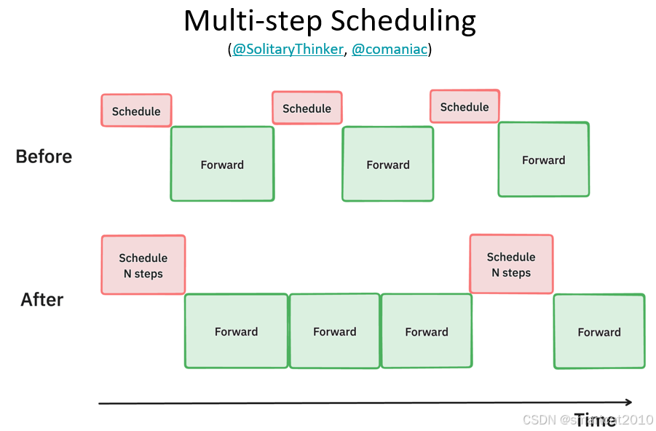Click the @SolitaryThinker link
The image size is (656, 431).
[288, 50]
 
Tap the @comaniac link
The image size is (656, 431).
[390, 50]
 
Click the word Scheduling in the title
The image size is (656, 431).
[403, 21]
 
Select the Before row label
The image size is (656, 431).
[44, 157]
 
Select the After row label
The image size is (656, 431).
[42, 299]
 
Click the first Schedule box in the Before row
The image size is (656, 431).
[136, 111]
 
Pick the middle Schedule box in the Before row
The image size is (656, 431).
[307, 108]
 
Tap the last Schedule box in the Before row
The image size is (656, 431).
[465, 106]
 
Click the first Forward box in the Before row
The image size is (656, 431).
[222, 164]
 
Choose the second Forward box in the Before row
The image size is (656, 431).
[387, 165]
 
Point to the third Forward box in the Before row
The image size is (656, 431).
[543, 159]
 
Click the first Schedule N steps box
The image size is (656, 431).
[143, 265]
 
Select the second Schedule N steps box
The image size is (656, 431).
[511, 264]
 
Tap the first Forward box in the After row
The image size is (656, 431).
[236, 331]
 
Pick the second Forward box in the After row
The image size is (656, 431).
[335, 331]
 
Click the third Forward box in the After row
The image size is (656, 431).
[426, 331]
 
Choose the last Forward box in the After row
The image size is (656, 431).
[599, 331]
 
